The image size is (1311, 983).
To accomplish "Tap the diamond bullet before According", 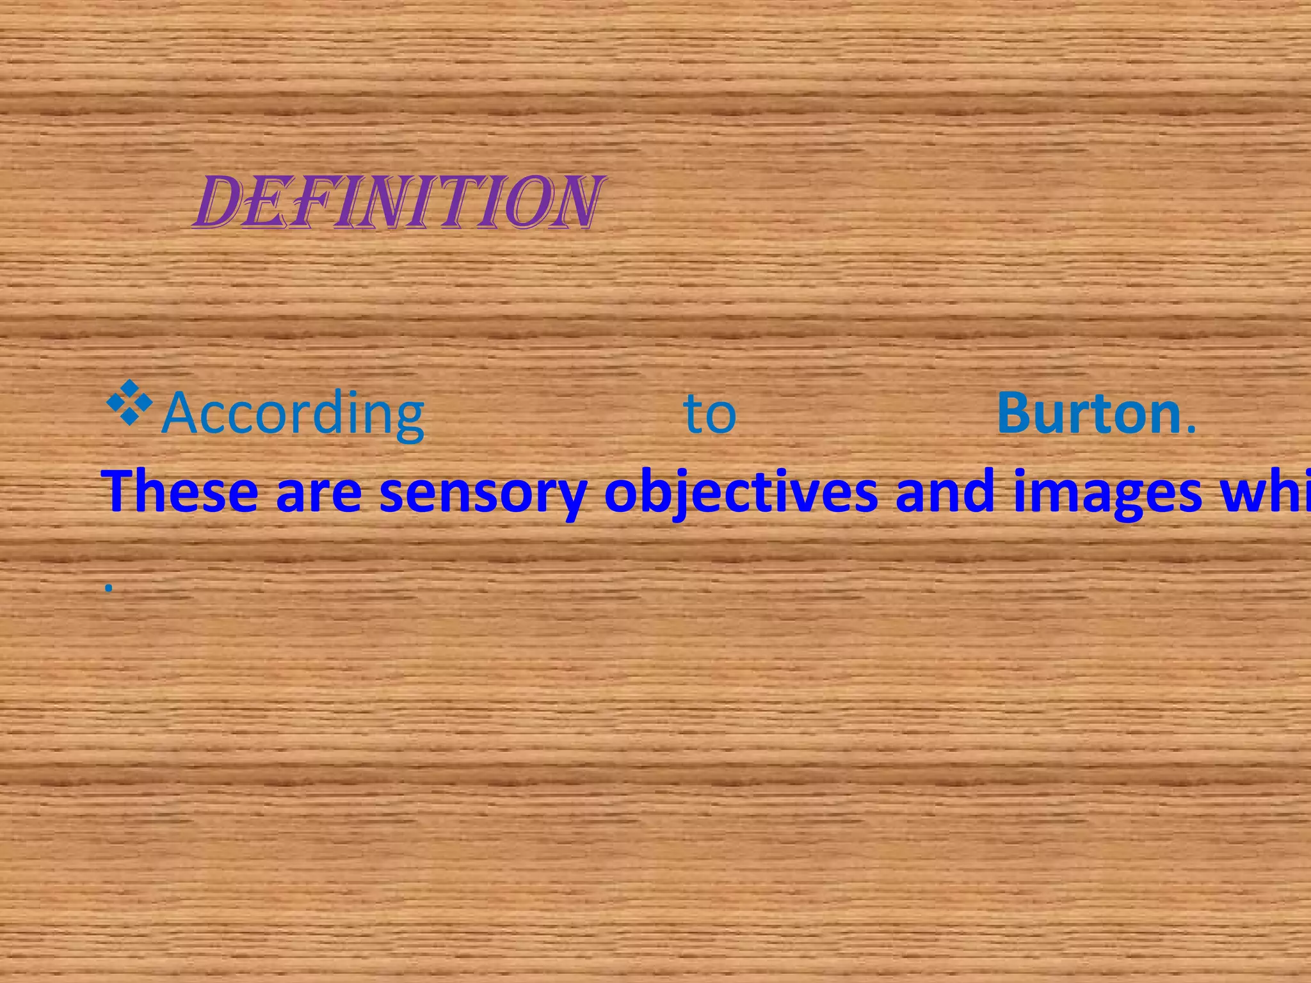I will click(130, 403).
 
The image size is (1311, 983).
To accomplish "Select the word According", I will click(293, 414).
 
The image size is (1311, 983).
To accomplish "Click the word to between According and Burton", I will click(710, 415).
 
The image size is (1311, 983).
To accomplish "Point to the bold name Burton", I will click(1088, 413).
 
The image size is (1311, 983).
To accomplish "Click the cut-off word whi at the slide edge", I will click(1265, 491).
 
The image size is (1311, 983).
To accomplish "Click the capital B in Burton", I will click(1016, 413).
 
